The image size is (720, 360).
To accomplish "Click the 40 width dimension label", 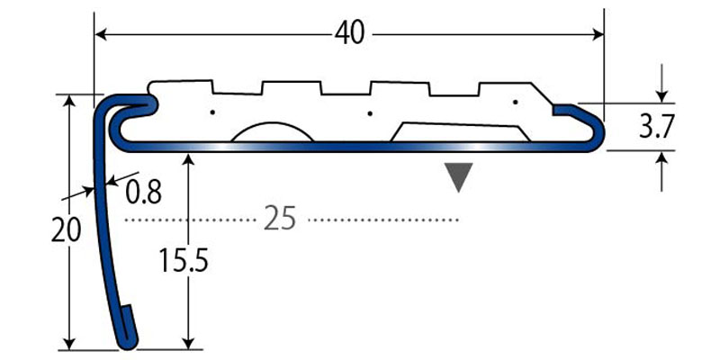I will [x=349, y=33].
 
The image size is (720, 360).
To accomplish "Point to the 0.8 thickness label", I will [x=144, y=191].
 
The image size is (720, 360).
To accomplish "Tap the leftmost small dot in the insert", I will [x=212, y=112].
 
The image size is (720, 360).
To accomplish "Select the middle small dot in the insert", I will [x=370, y=113].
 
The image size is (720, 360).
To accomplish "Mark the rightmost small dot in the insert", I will [x=515, y=103].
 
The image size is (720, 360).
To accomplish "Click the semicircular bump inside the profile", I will [x=273, y=133].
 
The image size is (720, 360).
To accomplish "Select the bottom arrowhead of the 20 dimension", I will [x=68, y=343].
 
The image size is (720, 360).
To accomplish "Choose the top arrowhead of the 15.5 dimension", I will [x=187, y=159].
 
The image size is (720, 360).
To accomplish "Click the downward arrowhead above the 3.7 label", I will [x=663, y=96].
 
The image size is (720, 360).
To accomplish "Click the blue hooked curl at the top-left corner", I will [x=135, y=106].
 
